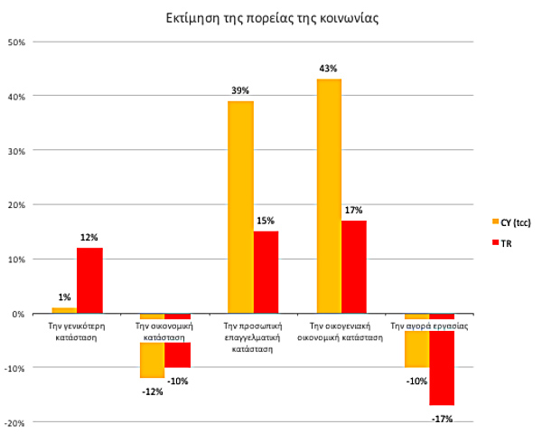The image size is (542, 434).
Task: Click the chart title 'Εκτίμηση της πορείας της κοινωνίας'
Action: (270, 16)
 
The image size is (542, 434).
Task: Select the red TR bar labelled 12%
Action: (89, 280)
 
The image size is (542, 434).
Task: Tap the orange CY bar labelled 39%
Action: (240, 207)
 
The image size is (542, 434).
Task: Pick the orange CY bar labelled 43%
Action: (328, 196)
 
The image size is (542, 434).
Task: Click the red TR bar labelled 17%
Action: (354, 267)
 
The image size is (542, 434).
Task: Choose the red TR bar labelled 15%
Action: (266, 272)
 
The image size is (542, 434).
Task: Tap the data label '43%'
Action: (328, 69)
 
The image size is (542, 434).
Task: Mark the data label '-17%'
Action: (442, 419)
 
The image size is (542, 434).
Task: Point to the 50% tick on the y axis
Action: (21, 42)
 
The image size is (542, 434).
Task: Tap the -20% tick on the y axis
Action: (19, 422)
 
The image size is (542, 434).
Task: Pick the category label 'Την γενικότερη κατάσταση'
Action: (77, 328)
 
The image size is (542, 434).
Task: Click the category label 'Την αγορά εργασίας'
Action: (429, 323)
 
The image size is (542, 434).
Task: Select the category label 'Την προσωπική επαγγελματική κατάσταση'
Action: (253, 335)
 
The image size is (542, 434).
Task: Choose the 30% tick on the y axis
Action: (21, 150)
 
